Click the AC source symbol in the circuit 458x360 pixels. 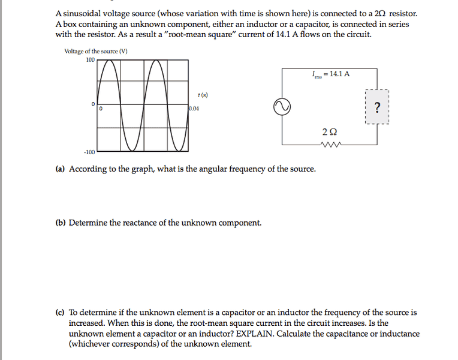tap(282, 107)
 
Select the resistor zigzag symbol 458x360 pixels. tap(330, 145)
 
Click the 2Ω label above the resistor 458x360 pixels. tap(329, 131)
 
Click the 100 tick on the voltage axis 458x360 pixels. tap(91, 59)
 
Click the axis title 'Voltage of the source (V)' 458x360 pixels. tap(96, 51)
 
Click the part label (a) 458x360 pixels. tap(60, 169)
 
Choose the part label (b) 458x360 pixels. tap(60, 223)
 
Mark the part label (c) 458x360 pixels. tap(60, 312)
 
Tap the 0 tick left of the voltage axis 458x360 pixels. tap(93, 105)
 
